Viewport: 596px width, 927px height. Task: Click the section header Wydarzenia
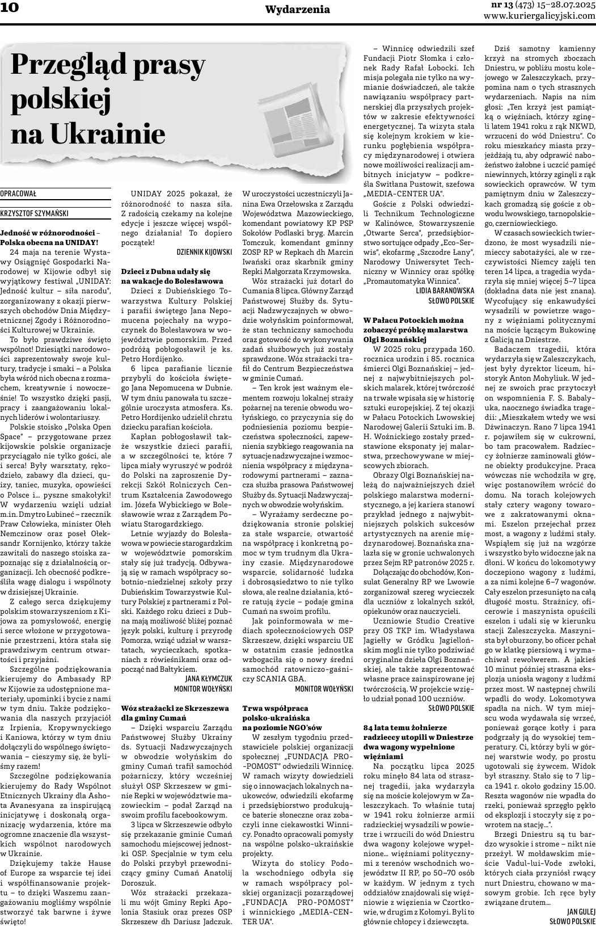(297, 9)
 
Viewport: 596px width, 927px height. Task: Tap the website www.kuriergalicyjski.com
(539, 16)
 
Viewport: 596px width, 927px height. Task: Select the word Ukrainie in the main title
(108, 134)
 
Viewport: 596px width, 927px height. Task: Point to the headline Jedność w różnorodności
(48, 233)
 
